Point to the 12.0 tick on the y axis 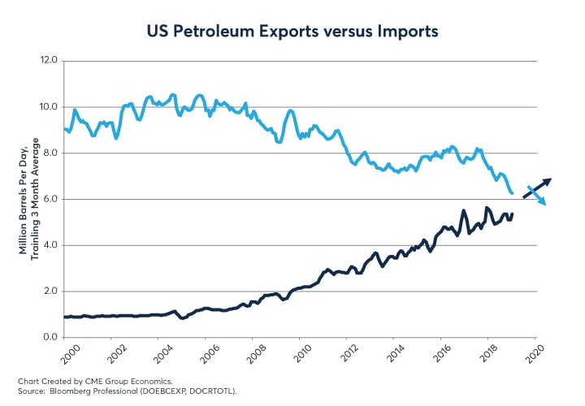coord(48,61)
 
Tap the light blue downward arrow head coord(543,202)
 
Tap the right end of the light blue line coord(512,192)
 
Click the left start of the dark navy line coord(64,317)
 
